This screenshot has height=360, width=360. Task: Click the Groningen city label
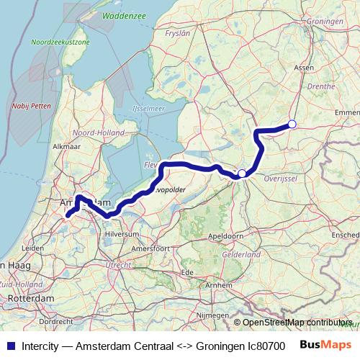pyautogui.click(x=325, y=22)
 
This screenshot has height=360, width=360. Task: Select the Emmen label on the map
pyautogui.click(x=347, y=112)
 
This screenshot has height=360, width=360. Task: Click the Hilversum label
pyautogui.click(x=122, y=234)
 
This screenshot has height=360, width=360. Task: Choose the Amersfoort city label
pyautogui.click(x=151, y=248)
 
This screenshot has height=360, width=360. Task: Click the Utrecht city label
pyautogui.click(x=118, y=264)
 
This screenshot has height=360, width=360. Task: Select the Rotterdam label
pyautogui.click(x=32, y=297)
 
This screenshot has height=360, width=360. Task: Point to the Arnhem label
pyautogui.click(x=219, y=285)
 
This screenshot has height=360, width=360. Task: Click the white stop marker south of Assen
pyautogui.click(x=292, y=125)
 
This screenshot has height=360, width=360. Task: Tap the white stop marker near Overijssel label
pyautogui.click(x=243, y=173)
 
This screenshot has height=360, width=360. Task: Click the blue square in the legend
pyautogui.click(x=10, y=344)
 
